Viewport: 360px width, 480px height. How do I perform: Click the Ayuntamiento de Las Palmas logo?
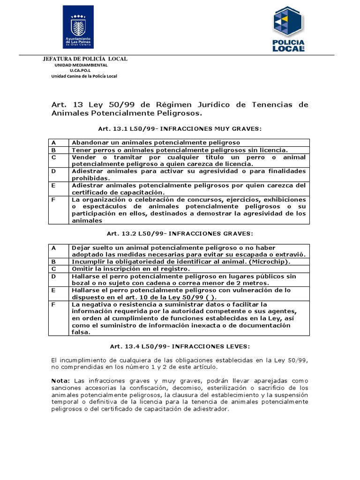coord(78,27)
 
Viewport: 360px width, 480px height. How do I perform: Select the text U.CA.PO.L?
coord(78,70)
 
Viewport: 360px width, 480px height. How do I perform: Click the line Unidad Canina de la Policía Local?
coord(84,76)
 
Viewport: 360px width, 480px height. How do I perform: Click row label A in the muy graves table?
coord(54,142)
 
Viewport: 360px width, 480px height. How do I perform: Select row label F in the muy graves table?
coord(54,199)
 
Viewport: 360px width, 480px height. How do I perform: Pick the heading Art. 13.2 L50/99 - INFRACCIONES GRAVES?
coord(180,233)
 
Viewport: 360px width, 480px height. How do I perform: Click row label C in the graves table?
coord(54,269)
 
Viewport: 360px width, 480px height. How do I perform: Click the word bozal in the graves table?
coord(81,283)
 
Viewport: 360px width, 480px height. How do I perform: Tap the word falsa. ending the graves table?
coord(81,332)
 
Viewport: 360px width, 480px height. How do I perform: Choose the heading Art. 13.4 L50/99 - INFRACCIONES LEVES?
coord(180,346)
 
